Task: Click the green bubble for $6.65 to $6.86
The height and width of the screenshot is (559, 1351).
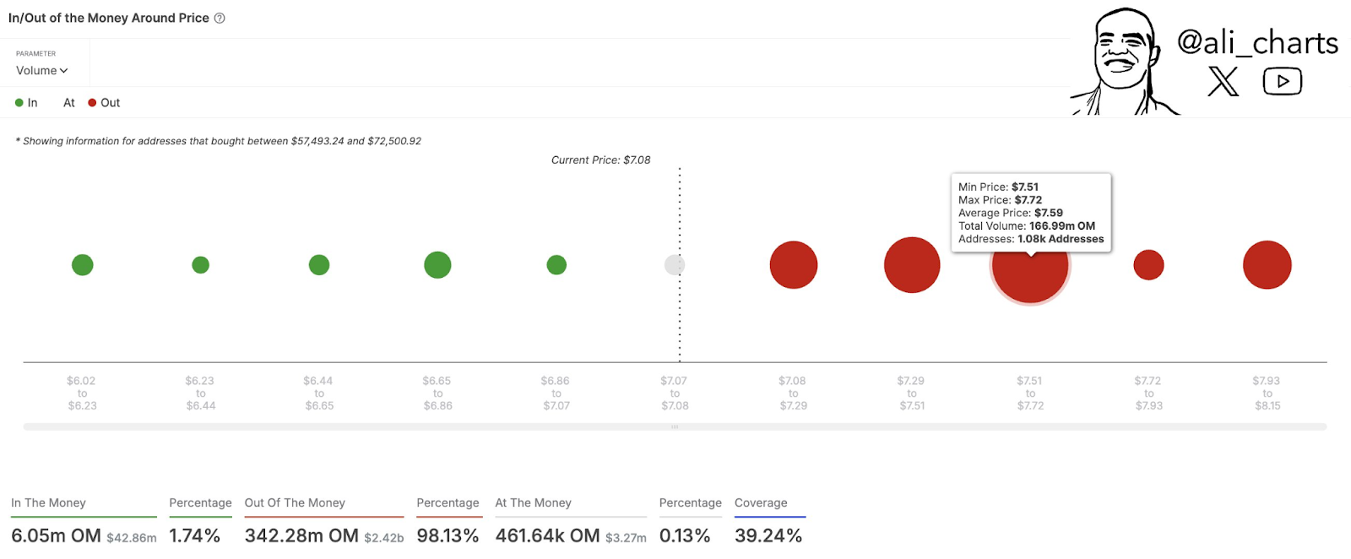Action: coord(437,265)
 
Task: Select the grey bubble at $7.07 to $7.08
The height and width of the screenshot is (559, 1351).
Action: coord(675,265)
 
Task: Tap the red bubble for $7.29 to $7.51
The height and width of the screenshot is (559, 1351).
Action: coord(912,265)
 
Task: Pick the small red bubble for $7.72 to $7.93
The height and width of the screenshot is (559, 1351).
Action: coord(1148,265)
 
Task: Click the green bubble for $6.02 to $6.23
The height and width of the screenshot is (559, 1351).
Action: coord(83,265)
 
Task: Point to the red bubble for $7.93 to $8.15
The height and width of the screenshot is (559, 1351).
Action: coord(1267,265)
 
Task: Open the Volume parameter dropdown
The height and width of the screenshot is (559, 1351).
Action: coord(41,71)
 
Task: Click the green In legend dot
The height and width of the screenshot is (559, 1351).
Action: coord(19,103)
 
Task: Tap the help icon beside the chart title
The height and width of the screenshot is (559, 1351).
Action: coord(220,18)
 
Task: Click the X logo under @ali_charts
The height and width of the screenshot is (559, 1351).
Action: coord(1223,82)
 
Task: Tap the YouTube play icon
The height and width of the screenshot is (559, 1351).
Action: coord(1282,82)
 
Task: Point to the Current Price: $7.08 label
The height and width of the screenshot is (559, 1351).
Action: coord(600,160)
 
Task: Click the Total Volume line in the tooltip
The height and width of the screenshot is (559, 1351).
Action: coord(1026,226)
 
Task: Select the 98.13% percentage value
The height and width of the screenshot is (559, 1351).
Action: coord(448,535)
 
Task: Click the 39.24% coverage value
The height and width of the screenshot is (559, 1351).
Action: coord(768,535)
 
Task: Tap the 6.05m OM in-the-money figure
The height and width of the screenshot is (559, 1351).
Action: coord(56,535)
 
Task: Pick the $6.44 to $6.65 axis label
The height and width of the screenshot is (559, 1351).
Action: coord(319,393)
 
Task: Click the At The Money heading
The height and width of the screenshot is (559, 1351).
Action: coord(533,502)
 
